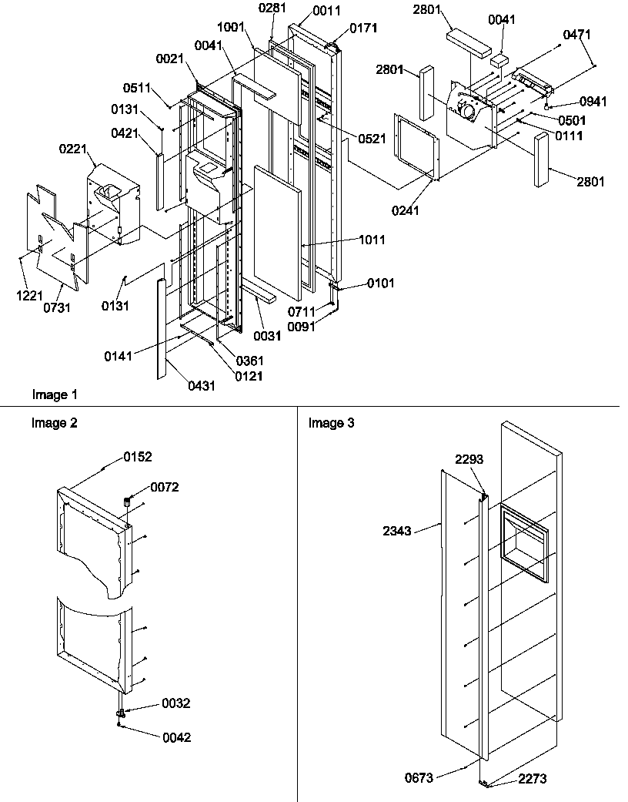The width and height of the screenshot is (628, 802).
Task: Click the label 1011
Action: point(372,240)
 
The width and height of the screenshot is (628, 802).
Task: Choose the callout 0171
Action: point(363,29)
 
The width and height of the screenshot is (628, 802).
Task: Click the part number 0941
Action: point(593,102)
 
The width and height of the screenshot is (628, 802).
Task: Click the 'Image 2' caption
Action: point(54,423)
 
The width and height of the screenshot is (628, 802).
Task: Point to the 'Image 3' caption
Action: point(331,423)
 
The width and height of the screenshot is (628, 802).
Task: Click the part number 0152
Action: point(138,457)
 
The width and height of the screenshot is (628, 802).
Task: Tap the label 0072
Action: point(164,487)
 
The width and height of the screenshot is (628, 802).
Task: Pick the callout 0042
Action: point(176,737)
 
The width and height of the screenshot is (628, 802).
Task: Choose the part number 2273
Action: point(533,779)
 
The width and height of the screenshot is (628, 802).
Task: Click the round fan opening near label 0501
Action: point(466,112)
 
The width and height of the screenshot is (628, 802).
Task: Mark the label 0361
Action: point(250,361)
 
